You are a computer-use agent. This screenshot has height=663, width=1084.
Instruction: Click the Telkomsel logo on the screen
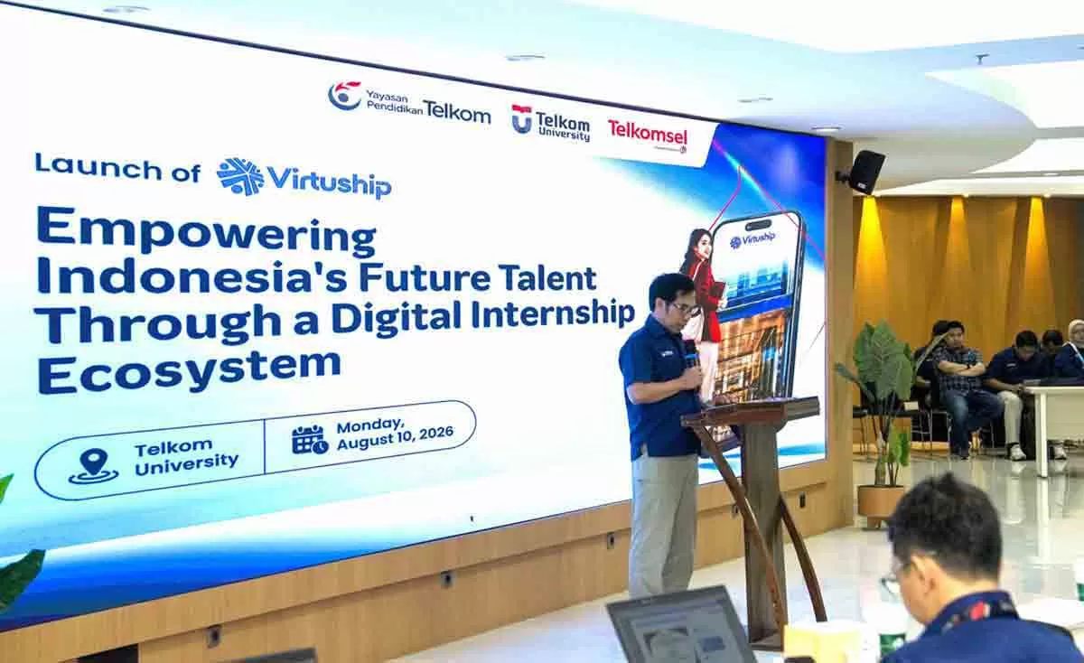tap(648, 135)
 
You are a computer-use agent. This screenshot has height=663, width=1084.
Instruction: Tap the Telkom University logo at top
tap(551, 123)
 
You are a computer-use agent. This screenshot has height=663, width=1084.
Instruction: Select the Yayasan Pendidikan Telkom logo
tap(409, 102)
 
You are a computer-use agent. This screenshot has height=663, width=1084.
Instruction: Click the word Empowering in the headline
tap(207, 233)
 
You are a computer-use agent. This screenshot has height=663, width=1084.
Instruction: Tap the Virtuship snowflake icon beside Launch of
tap(240, 176)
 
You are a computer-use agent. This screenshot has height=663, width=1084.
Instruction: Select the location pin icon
tap(93, 466)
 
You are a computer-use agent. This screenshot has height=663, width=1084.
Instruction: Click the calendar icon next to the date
tap(310, 439)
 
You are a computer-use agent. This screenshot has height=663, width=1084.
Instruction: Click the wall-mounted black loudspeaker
tap(865, 172)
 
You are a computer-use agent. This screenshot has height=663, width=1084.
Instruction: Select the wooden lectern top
tap(751, 412)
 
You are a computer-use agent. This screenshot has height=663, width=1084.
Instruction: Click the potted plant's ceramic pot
tap(881, 504)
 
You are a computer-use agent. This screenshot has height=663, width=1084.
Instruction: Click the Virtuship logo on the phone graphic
tap(752, 239)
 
